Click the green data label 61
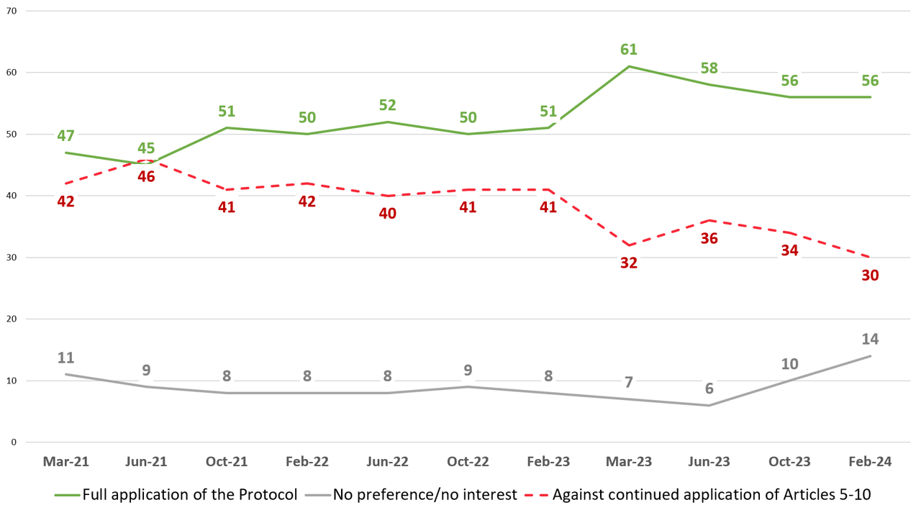tap(629, 50)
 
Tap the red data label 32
tap(629, 263)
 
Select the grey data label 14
tap(870, 339)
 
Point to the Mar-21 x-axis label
tap(66, 463)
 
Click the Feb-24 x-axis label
tap(870, 463)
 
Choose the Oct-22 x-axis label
tap(468, 463)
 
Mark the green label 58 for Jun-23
tap(709, 68)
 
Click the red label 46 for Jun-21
tap(146, 176)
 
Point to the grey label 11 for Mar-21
tap(66, 358)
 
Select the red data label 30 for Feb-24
tap(870, 276)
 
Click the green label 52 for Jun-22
tap(388, 105)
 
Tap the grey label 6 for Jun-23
tap(709, 388)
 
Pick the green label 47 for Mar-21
tap(66, 136)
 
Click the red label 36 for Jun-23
tap(709, 238)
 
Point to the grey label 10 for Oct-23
tap(789, 363)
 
